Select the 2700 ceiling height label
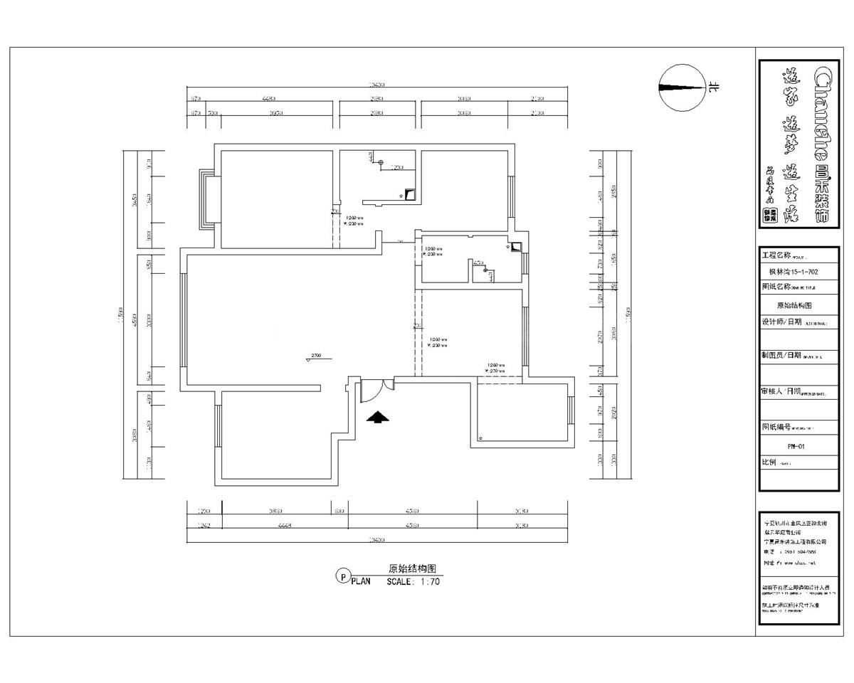(316, 355)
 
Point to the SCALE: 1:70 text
(413, 581)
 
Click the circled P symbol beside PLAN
(342, 576)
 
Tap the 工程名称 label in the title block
(776, 255)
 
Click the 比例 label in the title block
(769, 462)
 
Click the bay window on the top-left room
(207, 199)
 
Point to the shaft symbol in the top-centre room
(410, 194)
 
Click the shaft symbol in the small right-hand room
(515, 248)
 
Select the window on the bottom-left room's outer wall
(216, 425)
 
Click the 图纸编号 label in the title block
(776, 426)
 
